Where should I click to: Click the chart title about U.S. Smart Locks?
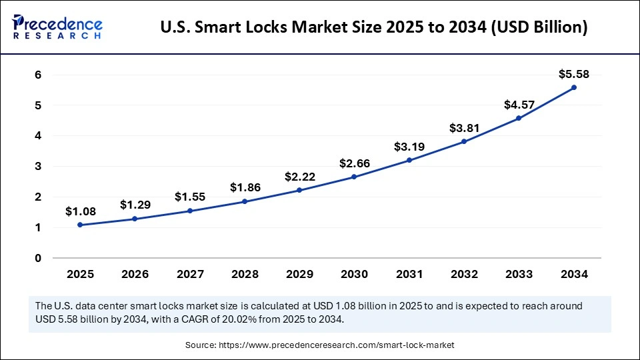374,28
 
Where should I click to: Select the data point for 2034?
573,87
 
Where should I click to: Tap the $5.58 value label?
573,74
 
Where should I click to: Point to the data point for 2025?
81,225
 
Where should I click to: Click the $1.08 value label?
81,211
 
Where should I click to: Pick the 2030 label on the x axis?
354,274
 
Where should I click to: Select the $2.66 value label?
354,163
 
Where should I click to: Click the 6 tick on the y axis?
39,75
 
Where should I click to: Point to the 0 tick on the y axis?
39,258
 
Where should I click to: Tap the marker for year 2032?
464,141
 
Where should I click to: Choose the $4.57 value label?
519,105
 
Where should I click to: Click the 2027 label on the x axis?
190,274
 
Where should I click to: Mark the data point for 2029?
299,190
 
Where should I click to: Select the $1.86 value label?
245,187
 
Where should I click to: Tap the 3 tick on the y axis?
39,166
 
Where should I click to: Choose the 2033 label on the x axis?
519,274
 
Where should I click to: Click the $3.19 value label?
409,147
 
